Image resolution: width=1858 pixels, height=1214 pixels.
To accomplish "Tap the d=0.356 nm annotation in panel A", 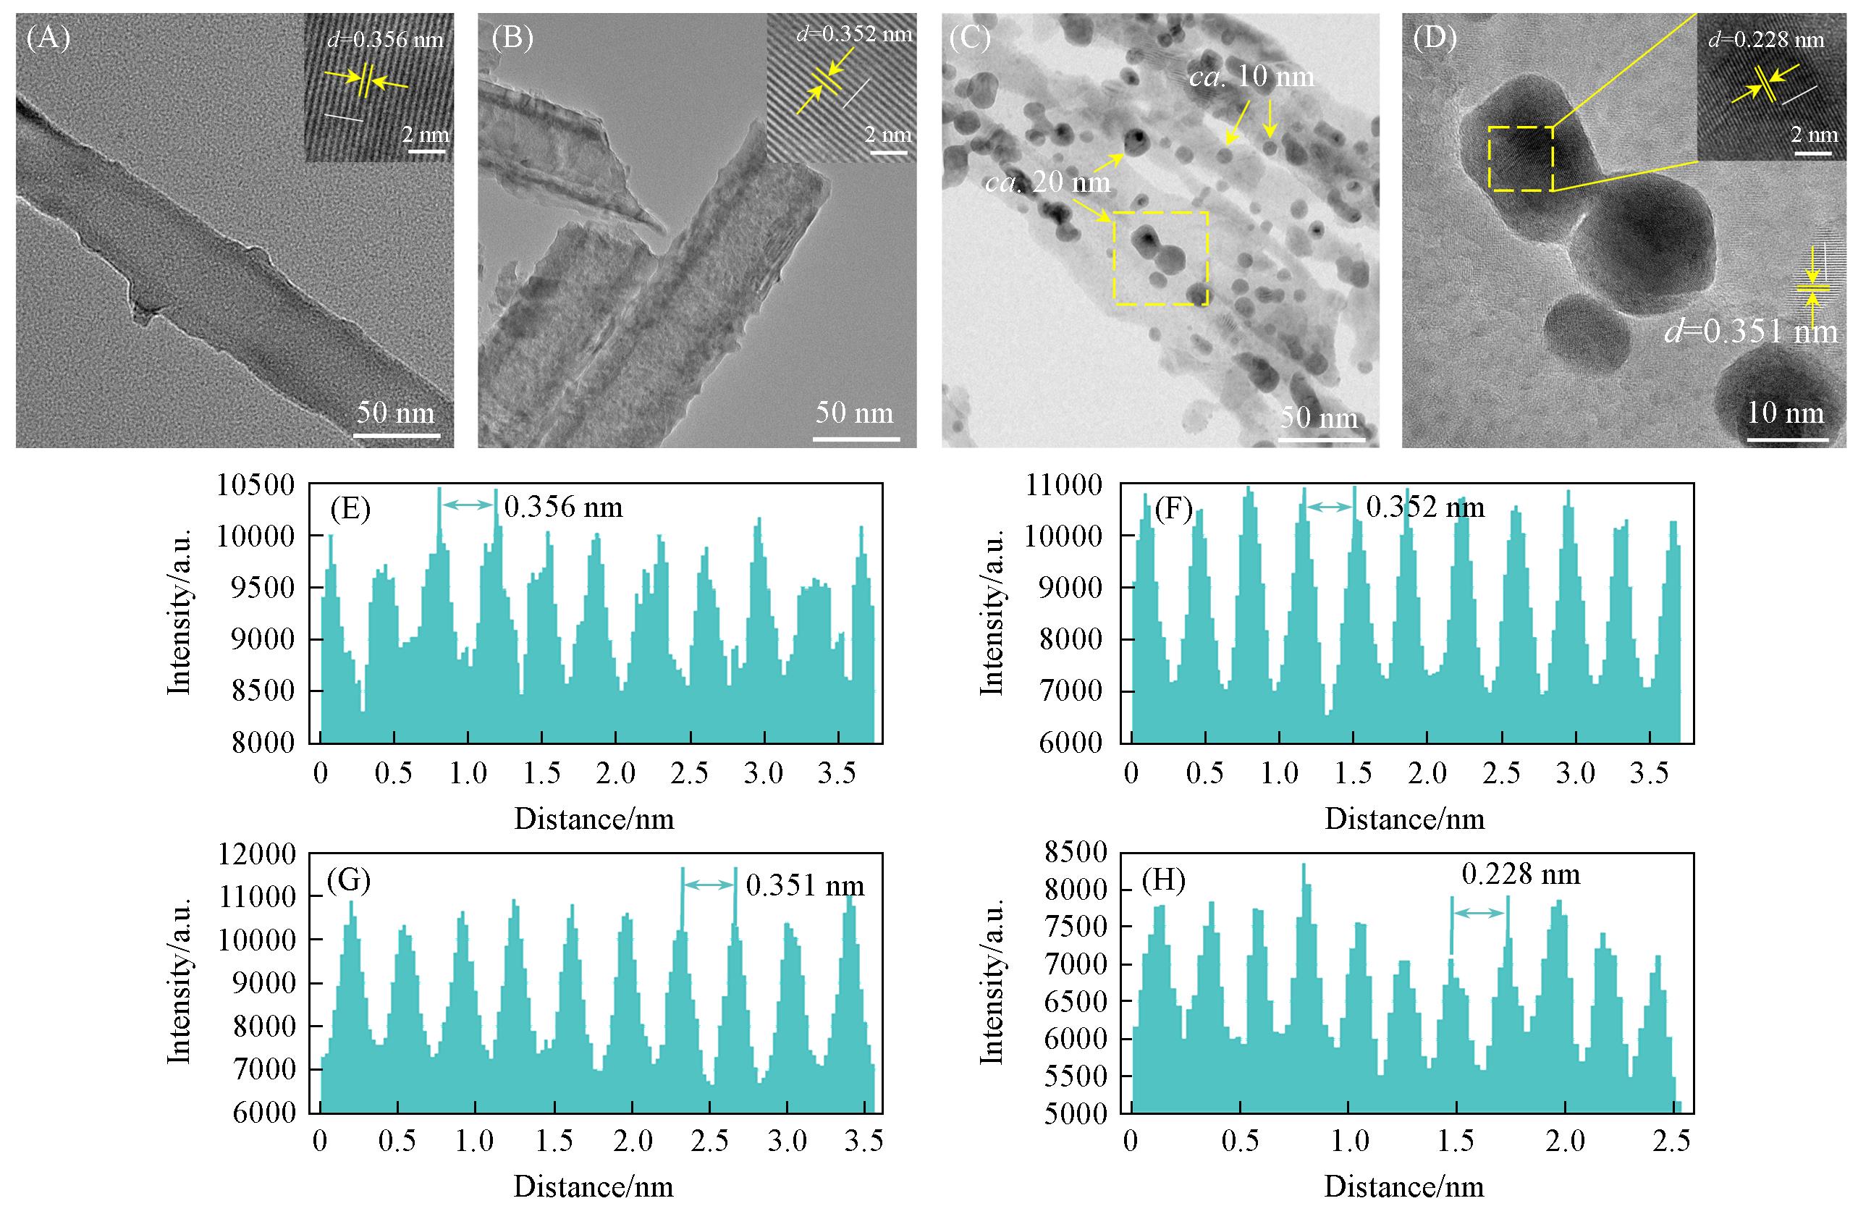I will click(x=385, y=39).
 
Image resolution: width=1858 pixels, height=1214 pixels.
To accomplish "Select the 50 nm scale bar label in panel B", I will click(x=854, y=412).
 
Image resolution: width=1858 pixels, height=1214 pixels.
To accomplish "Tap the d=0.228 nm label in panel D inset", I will click(x=1766, y=40).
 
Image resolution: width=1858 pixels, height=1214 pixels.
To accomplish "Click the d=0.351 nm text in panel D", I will click(x=1751, y=332).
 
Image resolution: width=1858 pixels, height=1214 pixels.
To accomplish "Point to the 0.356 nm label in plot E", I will click(x=563, y=508).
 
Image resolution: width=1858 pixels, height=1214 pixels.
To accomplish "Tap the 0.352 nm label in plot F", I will click(x=1424, y=508).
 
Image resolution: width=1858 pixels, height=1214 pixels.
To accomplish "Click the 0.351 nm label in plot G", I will click(x=805, y=886).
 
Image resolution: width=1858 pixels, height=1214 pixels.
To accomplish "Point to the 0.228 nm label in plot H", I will click(x=1521, y=874).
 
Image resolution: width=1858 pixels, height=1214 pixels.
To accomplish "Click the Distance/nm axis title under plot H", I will click(x=1403, y=1187).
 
